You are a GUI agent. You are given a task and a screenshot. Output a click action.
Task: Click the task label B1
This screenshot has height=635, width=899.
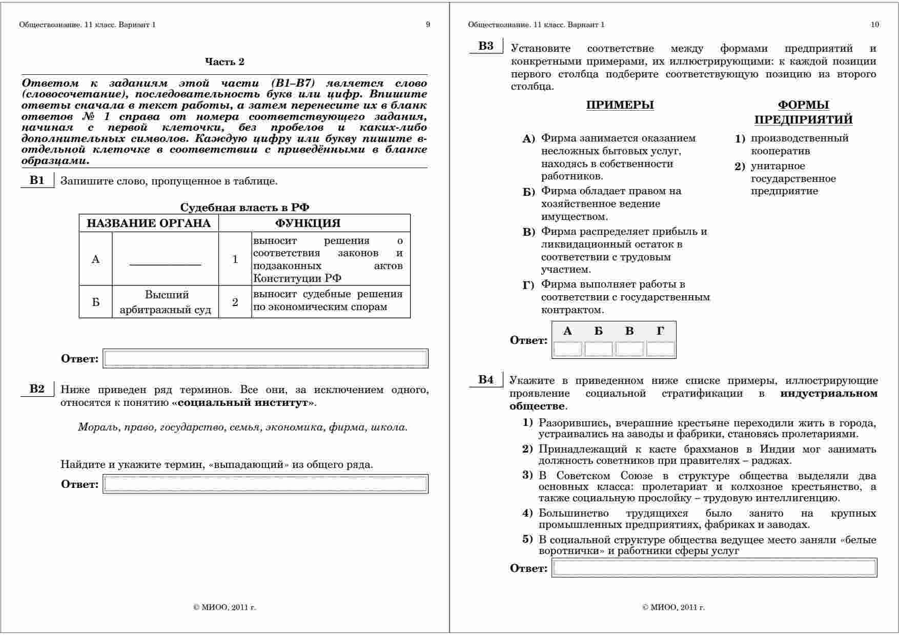37,180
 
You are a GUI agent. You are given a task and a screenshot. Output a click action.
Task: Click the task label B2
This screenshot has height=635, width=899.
37,388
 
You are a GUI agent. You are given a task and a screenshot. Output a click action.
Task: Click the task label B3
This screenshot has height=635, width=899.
486,46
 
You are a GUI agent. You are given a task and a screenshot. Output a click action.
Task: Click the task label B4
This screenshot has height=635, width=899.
486,380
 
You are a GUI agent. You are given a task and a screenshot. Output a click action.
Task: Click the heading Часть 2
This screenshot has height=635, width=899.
224,62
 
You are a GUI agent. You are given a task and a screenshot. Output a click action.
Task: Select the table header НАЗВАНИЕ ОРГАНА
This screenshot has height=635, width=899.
149,223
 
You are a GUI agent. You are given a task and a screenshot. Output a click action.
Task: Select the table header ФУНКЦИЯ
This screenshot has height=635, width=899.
308,223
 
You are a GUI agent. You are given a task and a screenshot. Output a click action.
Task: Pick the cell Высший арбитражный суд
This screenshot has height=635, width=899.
165,302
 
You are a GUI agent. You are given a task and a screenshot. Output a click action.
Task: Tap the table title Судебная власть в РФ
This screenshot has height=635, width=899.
244,208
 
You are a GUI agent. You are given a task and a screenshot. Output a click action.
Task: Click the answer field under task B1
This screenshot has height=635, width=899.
265,358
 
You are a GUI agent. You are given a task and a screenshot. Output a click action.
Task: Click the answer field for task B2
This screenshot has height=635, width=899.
265,484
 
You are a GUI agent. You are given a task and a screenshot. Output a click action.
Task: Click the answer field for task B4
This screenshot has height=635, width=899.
714,568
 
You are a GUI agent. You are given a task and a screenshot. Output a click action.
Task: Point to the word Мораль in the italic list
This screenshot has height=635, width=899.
97,427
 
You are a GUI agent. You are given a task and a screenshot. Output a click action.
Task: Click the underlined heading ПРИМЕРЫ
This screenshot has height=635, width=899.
620,105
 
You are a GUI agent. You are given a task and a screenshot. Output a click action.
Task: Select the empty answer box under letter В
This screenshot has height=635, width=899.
629,349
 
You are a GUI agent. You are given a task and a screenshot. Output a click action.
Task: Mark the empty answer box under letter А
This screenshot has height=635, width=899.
567,349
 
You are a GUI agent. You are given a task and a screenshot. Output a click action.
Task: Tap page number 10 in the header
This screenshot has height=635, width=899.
875,25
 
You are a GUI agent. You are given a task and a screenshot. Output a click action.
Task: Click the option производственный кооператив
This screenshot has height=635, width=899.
799,145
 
